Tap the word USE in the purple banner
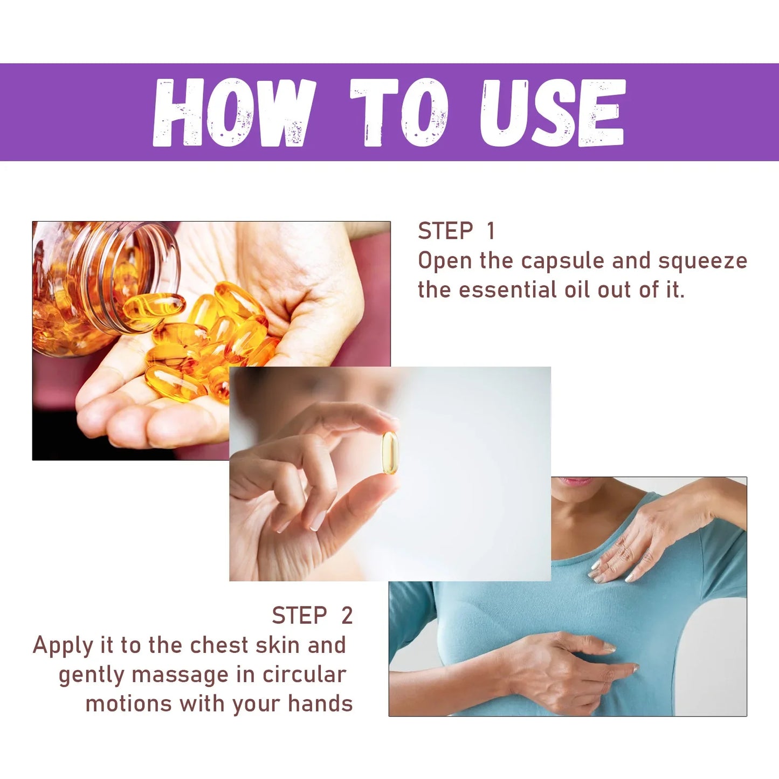pos(553,113)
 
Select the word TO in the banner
pos(399,112)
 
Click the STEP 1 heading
pos(456,231)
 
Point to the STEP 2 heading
pos(312,616)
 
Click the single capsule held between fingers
pos(389,453)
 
